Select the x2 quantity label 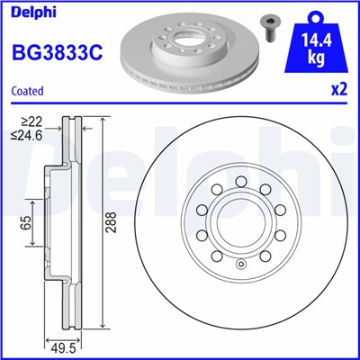339,91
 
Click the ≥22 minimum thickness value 31,121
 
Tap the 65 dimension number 26,219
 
